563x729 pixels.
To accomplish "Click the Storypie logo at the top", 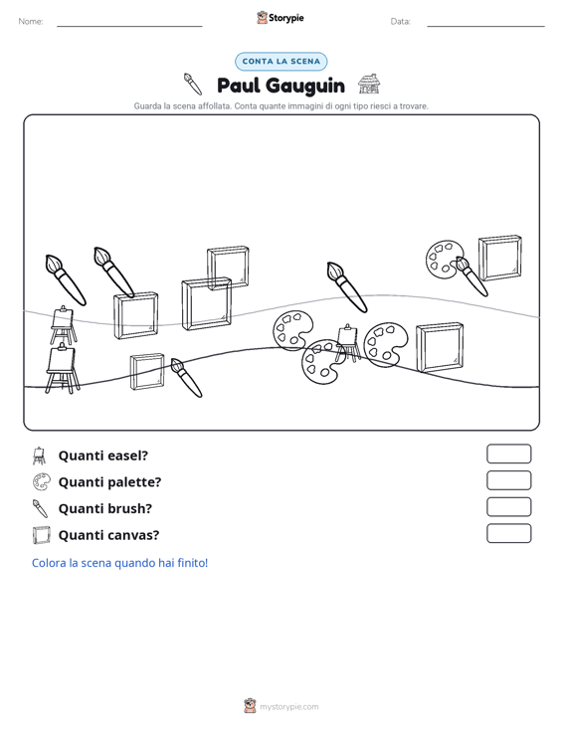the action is point(281,18).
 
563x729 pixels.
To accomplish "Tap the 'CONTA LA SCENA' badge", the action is point(281,62).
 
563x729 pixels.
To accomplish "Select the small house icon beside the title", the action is point(369,84).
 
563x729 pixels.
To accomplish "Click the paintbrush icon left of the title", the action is point(192,84).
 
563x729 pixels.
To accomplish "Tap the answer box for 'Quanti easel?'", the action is point(508,454).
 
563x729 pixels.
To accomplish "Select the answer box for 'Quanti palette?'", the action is point(508,480).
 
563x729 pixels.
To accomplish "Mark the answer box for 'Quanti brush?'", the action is point(508,507).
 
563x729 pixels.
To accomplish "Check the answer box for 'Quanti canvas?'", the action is point(508,533).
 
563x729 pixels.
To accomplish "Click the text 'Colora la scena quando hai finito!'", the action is point(120,563).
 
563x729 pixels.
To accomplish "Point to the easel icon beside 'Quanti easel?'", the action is point(40,456).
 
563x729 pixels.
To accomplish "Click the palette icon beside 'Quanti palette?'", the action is point(41,482).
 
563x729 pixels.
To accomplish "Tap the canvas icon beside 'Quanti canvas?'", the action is point(41,535).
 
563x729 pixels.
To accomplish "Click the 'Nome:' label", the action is point(31,22).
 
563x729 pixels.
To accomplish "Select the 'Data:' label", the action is point(400,22).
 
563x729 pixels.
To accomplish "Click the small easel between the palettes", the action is point(348,343).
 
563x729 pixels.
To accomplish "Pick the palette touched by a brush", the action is point(443,260).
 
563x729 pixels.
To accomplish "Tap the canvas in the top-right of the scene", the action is point(500,258).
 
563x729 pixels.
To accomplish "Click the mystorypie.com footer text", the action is point(288,707).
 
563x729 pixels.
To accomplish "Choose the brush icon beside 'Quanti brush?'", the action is point(40,508).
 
